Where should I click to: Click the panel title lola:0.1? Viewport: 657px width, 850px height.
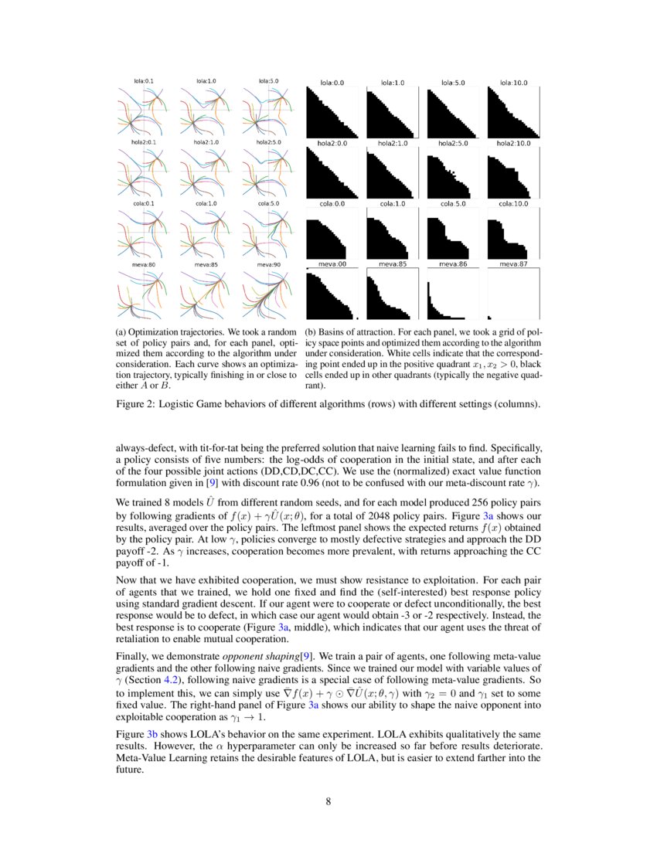coord(143,80)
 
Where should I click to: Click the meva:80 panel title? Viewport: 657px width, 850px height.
coord(143,265)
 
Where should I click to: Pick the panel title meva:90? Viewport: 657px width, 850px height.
coord(269,265)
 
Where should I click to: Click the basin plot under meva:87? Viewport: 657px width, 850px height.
coord(513,294)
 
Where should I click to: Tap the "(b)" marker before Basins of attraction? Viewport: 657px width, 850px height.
coord(311,332)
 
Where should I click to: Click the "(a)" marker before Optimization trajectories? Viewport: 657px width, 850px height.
coord(121,332)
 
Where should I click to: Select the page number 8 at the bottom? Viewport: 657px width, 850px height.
coord(328,801)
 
